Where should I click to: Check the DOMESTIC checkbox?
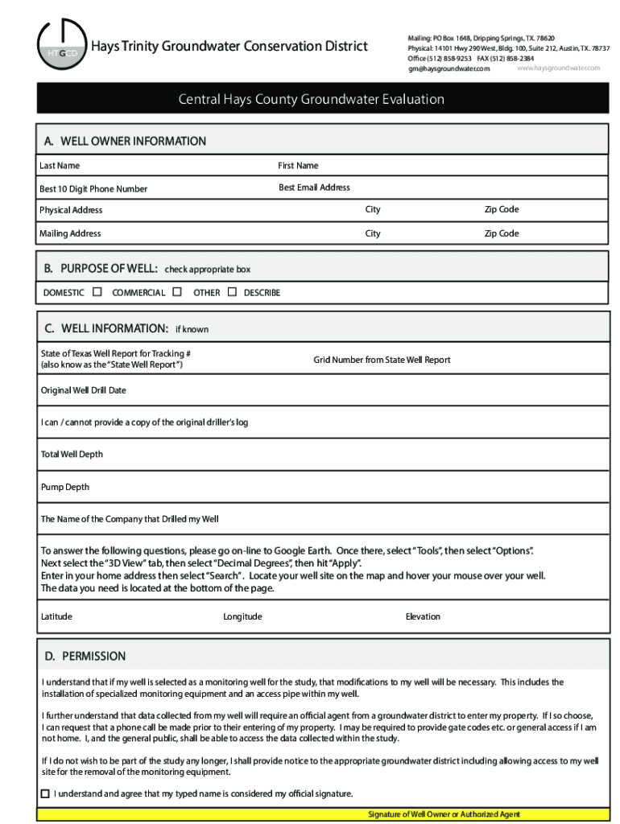tap(97, 292)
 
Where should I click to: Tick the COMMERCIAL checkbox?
tap(177, 292)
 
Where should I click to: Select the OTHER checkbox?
tap(232, 292)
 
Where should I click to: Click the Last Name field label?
tap(60, 166)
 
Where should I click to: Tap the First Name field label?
tap(298, 166)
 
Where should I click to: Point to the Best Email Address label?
tap(314, 187)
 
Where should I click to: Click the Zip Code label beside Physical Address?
tap(501, 209)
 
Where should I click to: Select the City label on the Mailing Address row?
tap(372, 233)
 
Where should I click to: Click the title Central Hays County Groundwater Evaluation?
tap(311, 100)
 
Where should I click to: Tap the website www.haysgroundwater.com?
tap(558, 68)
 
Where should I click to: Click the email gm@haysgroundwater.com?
tap(448, 69)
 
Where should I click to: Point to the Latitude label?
tap(56, 616)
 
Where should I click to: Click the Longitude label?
tap(242, 616)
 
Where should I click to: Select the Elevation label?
tap(423, 616)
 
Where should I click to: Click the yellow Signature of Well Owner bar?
tap(444, 814)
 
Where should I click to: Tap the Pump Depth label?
tap(65, 487)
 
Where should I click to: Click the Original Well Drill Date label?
tap(84, 390)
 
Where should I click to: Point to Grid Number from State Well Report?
tap(382, 360)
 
